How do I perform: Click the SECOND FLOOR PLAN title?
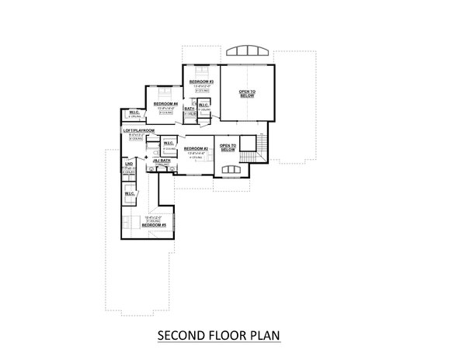click(218, 336)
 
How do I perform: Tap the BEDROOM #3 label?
click(200, 81)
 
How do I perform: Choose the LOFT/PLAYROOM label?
click(139, 130)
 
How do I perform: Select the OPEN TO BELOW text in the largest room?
click(246, 95)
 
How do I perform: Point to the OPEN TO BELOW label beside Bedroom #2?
click(228, 148)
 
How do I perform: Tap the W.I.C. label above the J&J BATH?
click(168, 144)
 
